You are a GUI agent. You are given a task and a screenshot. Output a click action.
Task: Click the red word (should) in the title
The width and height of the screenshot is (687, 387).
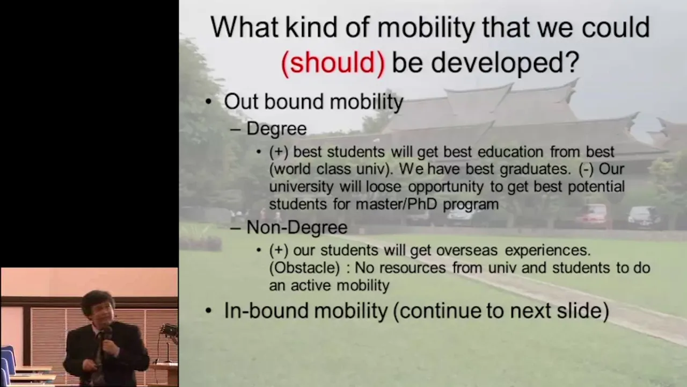pyautogui.click(x=333, y=62)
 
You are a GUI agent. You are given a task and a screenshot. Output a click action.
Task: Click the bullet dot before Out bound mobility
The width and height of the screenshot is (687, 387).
pyautogui.click(x=209, y=102)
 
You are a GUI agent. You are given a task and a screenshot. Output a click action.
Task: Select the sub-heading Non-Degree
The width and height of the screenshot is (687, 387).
pyautogui.click(x=297, y=227)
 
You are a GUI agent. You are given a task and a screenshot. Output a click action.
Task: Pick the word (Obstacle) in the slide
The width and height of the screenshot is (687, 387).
pyautogui.click(x=304, y=268)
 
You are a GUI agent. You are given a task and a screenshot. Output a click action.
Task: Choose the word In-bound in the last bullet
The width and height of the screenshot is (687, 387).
pyautogui.click(x=266, y=310)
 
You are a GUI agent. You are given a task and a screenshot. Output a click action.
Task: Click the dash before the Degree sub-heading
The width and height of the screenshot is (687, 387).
pyautogui.click(x=235, y=130)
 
